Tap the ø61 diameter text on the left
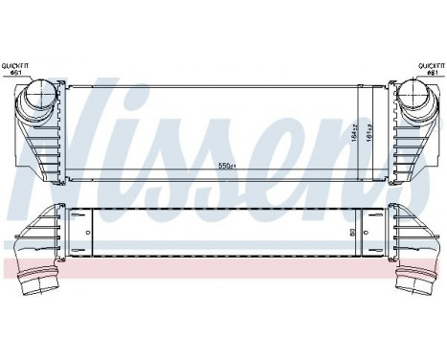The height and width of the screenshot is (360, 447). (20, 73)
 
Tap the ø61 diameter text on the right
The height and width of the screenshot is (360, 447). (431, 73)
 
